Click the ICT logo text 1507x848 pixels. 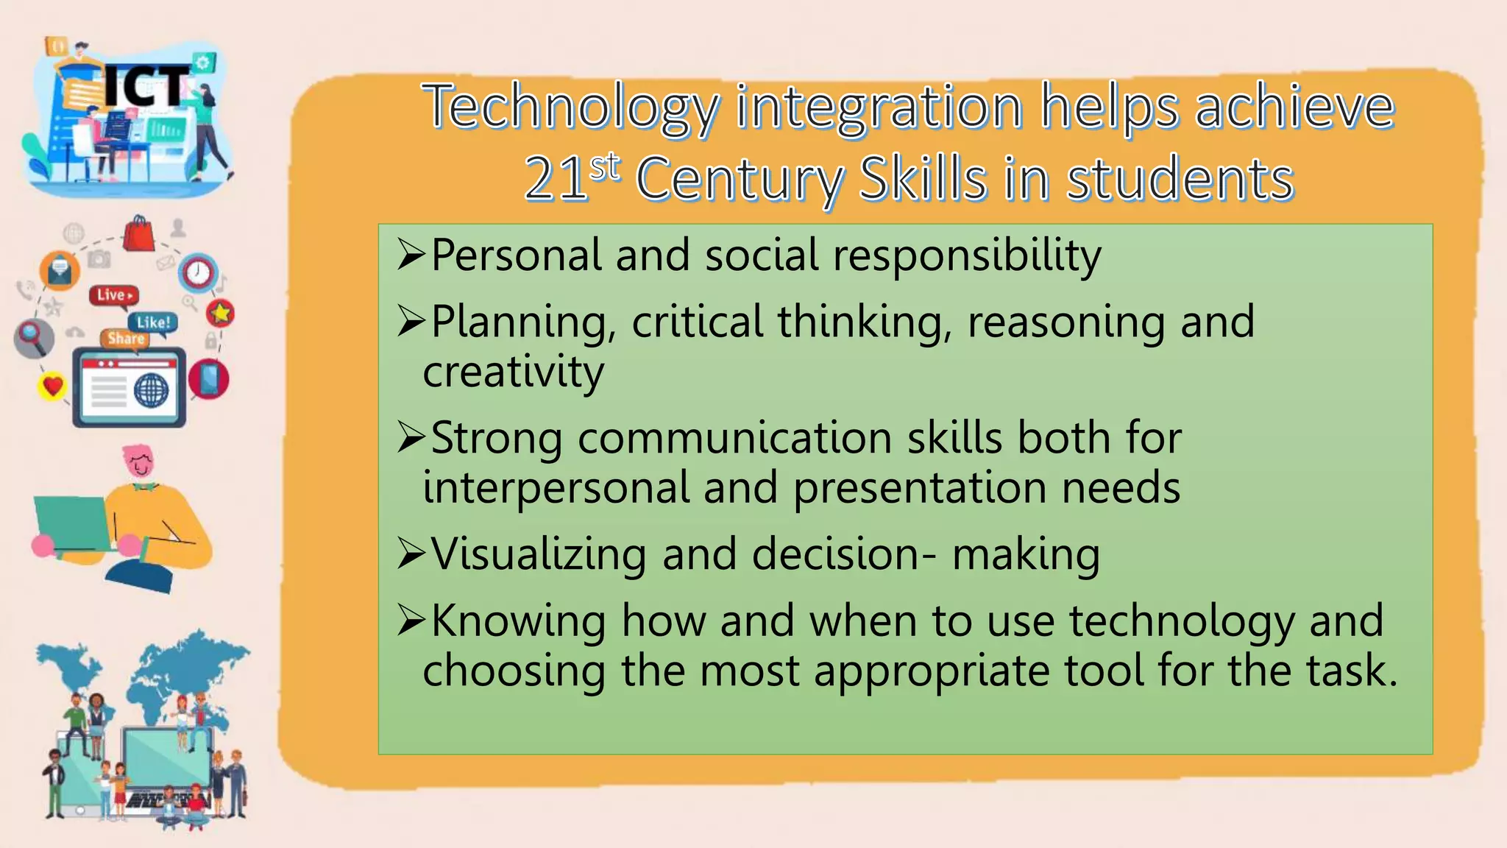[x=146, y=87]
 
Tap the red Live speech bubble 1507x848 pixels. [x=113, y=295]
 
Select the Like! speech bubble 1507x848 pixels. [x=153, y=322]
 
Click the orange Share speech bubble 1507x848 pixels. [x=125, y=339]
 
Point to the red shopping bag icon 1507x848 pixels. [x=138, y=234]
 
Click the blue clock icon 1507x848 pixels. [x=197, y=273]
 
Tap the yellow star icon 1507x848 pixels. [x=220, y=314]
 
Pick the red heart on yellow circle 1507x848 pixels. [x=52, y=385]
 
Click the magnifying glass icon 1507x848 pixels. [x=32, y=336]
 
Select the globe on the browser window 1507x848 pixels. [x=152, y=389]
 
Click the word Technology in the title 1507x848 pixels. [x=570, y=107]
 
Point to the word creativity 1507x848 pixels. [x=513, y=372]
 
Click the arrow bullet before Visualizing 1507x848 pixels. [x=411, y=554]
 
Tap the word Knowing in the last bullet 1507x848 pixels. [x=518, y=621]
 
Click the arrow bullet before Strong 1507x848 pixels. [x=411, y=437]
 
